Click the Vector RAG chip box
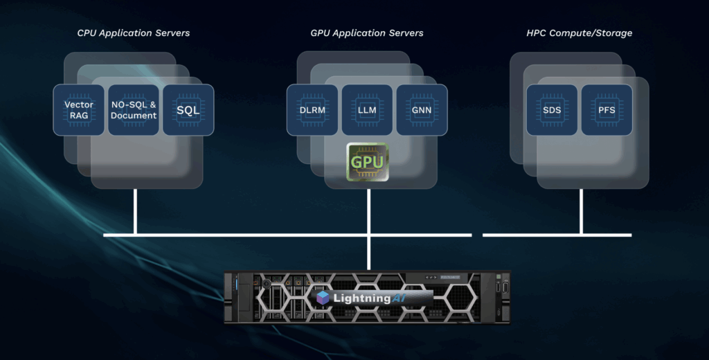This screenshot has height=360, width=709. point(79,110)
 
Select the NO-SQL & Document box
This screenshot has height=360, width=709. point(134,110)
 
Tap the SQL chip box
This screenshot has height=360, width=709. point(188,110)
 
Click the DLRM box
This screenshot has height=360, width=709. point(312,110)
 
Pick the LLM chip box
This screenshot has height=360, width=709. point(367,110)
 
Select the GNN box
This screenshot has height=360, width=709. point(422,110)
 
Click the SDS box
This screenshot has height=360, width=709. point(552,110)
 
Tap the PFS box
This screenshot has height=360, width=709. point(607,110)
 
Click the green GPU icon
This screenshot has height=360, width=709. point(367,162)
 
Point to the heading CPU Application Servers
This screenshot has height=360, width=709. point(134,33)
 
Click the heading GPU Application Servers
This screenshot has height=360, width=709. point(367,33)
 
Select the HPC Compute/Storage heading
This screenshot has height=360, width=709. point(580,33)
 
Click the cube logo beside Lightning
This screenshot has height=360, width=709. point(323,298)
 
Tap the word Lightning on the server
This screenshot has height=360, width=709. point(361,298)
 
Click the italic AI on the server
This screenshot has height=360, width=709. point(400,298)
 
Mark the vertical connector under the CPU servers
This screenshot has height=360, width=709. point(135,212)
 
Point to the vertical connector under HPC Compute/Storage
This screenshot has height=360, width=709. point(581,212)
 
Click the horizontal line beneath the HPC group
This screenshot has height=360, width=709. point(557,235)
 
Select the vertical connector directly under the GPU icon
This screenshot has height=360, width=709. point(369,212)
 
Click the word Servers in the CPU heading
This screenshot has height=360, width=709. point(172,33)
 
